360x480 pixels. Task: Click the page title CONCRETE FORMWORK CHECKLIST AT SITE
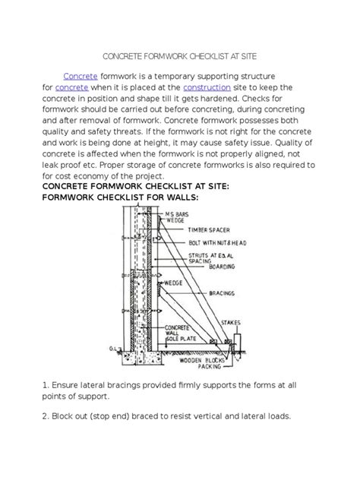pyautogui.click(x=180, y=56)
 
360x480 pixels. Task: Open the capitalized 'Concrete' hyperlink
pyautogui.click(x=81, y=76)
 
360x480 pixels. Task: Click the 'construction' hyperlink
pyautogui.click(x=207, y=87)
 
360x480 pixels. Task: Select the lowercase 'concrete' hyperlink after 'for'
pyautogui.click(x=71, y=87)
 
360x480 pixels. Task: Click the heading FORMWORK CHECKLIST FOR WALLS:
pyautogui.click(x=120, y=197)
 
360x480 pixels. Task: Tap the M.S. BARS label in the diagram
pyautogui.click(x=177, y=214)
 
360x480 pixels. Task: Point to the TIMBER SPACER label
pyautogui.click(x=209, y=230)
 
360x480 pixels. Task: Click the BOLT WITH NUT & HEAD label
pyautogui.click(x=218, y=243)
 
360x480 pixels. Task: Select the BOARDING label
pyautogui.click(x=222, y=267)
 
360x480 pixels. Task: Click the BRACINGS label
pyautogui.click(x=222, y=293)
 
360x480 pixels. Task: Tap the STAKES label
pyautogui.click(x=231, y=323)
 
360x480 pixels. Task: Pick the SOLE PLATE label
pyautogui.click(x=182, y=339)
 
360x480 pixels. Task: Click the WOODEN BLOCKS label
pyautogui.click(x=202, y=360)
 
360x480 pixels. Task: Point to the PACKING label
pyautogui.click(x=209, y=366)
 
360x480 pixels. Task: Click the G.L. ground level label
pyautogui.click(x=112, y=349)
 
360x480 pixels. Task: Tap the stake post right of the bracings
pyautogui.click(x=237, y=343)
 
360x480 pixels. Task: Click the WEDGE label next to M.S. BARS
pyautogui.click(x=175, y=220)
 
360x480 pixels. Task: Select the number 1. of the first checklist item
pyautogui.click(x=46, y=385)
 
